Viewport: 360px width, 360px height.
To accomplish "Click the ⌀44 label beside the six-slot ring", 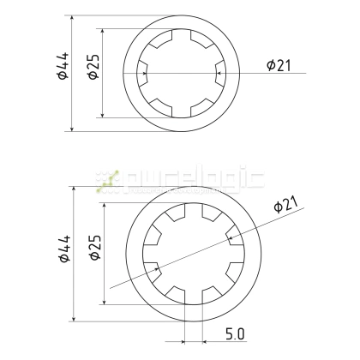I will point(61,74).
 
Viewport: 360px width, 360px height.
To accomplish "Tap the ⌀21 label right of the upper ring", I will point(282,65).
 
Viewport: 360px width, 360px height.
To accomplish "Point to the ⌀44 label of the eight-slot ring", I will point(61,255).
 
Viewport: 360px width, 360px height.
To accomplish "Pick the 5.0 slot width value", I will point(236,333).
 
